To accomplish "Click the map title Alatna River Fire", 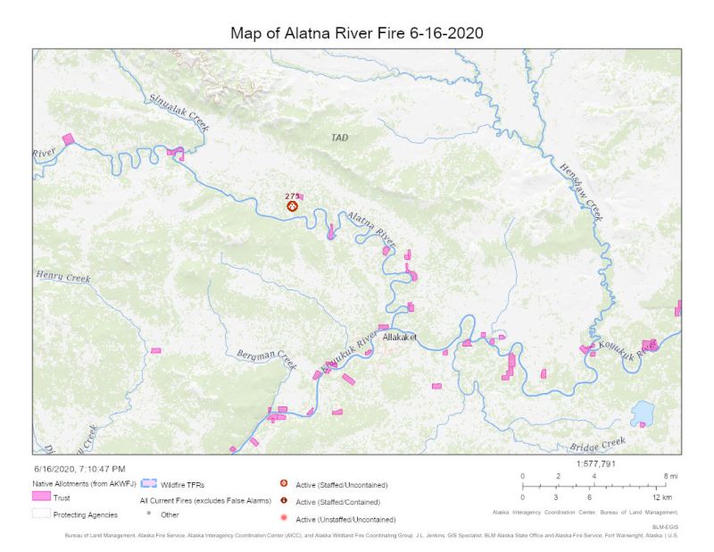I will (x=357, y=33).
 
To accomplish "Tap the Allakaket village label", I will (x=399, y=337).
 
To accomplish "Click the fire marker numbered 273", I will (x=292, y=205).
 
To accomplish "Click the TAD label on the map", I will (x=339, y=138).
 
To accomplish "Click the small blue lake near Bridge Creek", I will (x=641, y=414).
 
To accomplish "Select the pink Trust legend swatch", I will (x=40, y=497).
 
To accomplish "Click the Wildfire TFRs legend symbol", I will (x=149, y=482).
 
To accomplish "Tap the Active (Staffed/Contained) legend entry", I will (x=331, y=502).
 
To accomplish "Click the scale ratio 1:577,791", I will (x=597, y=464).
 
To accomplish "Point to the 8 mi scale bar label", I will (x=670, y=476).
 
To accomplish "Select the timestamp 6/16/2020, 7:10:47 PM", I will (x=79, y=468).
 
